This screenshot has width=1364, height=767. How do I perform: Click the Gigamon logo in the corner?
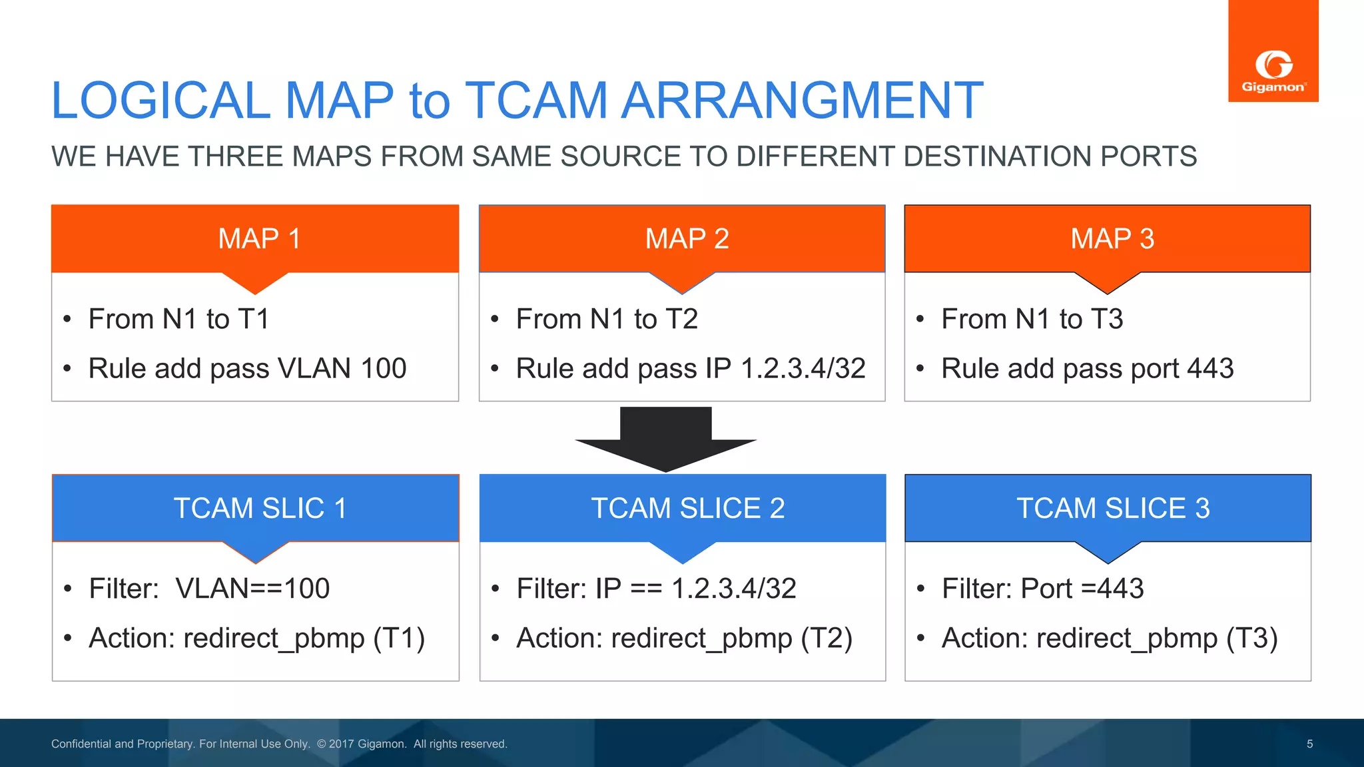pos(1273,70)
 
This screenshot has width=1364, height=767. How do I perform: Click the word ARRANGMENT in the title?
pos(802,101)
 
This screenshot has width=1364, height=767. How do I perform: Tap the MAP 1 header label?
pos(259,238)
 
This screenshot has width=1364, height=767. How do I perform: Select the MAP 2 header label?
pos(687,238)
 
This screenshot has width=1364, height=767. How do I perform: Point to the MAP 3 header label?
pos(1112,238)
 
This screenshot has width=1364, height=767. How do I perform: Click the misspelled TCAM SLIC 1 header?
pos(260,508)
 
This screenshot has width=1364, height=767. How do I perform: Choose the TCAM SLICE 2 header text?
pos(687,508)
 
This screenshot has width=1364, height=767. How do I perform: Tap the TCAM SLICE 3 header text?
pos(1112,508)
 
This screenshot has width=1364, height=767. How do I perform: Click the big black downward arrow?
pos(665,439)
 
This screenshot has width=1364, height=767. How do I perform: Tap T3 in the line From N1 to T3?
pos(1106,319)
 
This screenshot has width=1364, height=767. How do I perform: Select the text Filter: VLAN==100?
pos(209,589)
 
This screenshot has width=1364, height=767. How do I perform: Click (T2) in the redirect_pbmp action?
pos(826,638)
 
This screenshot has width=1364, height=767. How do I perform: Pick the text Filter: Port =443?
pos(1042,589)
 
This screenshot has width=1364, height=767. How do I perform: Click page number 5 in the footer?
pos(1309,744)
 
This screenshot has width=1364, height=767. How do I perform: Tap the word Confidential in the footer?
pos(81,744)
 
